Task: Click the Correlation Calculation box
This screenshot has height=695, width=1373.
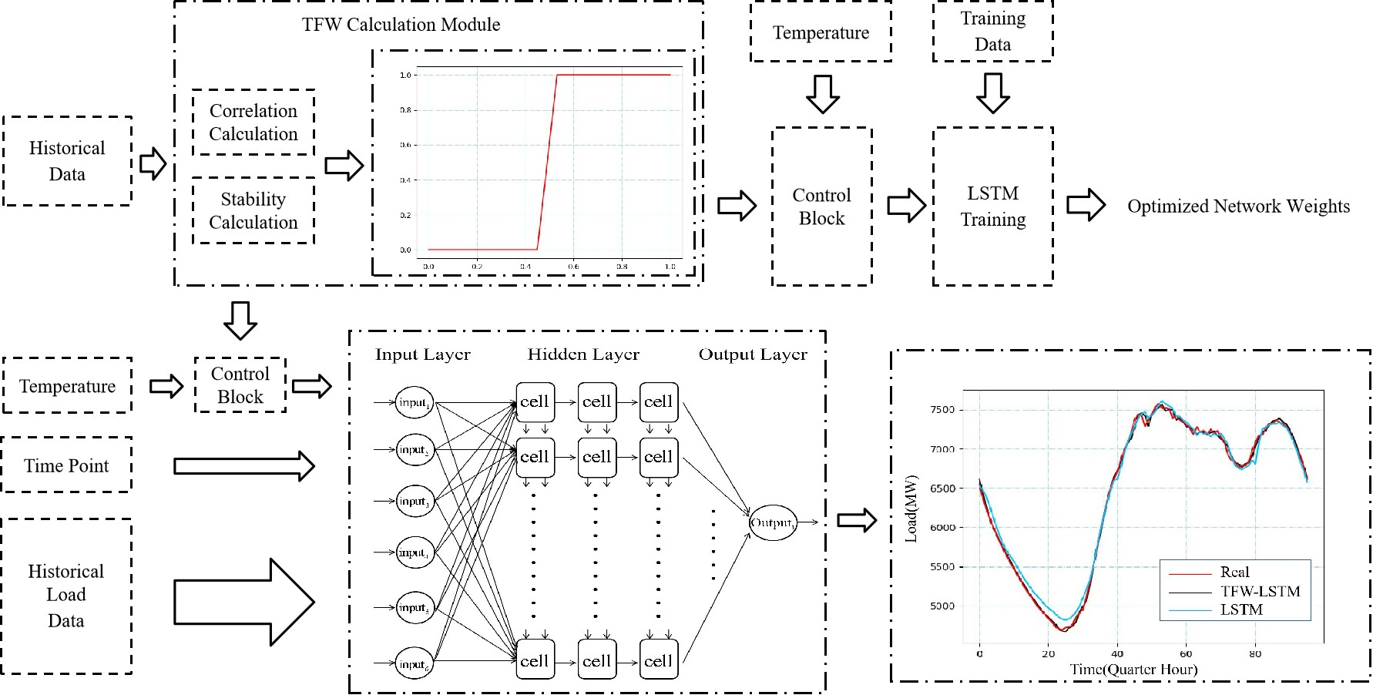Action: (253, 123)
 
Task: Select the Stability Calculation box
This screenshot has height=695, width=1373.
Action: (253, 210)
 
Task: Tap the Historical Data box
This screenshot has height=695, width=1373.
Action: (67, 161)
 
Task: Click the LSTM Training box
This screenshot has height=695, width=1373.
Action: (992, 206)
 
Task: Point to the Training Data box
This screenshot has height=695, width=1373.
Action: (992, 31)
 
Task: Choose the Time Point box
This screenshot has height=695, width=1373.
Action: (66, 465)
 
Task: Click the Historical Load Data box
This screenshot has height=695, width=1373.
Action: (66, 596)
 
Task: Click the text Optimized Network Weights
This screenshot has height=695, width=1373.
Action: (1238, 206)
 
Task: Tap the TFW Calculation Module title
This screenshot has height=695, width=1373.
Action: (401, 25)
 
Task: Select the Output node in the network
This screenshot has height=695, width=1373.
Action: (772, 522)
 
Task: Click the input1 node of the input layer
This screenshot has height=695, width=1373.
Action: (415, 402)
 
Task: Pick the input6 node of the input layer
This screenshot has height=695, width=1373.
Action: (415, 663)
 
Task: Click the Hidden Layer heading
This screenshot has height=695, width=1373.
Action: (583, 354)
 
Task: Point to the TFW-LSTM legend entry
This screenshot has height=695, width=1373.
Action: (1260, 592)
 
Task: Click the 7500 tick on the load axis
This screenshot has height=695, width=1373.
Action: (942, 409)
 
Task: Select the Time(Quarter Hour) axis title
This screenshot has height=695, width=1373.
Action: (1133, 670)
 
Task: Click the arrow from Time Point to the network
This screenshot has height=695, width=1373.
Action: (243, 466)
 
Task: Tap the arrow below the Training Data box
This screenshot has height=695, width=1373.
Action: (992, 93)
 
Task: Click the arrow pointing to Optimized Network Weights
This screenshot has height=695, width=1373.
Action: (1086, 205)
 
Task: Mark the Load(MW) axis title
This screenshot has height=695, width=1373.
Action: (911, 509)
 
